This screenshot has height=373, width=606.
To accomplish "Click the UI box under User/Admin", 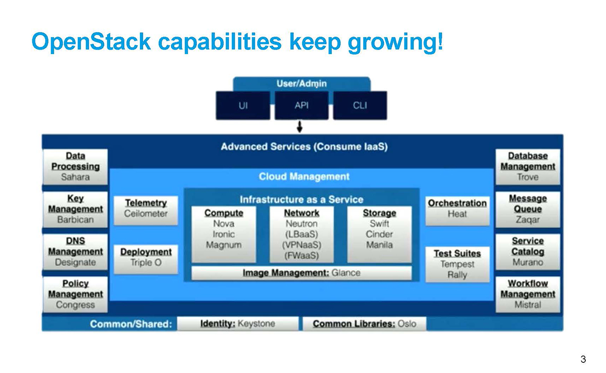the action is (x=243, y=105).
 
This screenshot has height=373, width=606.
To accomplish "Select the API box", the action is (x=301, y=105).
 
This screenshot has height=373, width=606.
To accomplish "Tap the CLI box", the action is (x=360, y=105).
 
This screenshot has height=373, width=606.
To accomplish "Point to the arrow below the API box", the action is (x=299, y=127).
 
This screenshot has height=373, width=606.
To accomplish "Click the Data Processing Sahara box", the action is (x=75, y=167).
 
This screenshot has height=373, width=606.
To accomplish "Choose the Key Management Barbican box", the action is (x=75, y=209).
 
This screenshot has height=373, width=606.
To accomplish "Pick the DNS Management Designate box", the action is (x=75, y=252).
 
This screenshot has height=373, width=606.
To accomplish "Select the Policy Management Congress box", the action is (x=75, y=294).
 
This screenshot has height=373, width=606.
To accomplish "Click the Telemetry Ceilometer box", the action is (x=146, y=210).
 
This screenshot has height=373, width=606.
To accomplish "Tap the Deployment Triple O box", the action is (x=146, y=259).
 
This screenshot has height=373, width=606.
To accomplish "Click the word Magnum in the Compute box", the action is (x=224, y=245).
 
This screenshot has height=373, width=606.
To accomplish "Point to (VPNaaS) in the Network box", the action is (x=301, y=245).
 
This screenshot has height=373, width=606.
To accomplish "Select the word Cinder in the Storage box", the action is (x=379, y=234).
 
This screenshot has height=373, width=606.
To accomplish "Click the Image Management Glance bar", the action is (x=301, y=273).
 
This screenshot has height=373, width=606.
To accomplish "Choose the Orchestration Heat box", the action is (x=457, y=211).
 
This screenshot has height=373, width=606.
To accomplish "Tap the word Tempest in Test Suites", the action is (x=457, y=264).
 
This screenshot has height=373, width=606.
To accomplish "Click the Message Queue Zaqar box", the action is (x=528, y=209).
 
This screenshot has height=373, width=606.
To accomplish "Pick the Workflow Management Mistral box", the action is (x=528, y=294).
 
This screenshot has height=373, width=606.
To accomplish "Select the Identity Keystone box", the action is (x=238, y=324).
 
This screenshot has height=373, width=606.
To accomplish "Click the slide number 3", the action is (x=583, y=359).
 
